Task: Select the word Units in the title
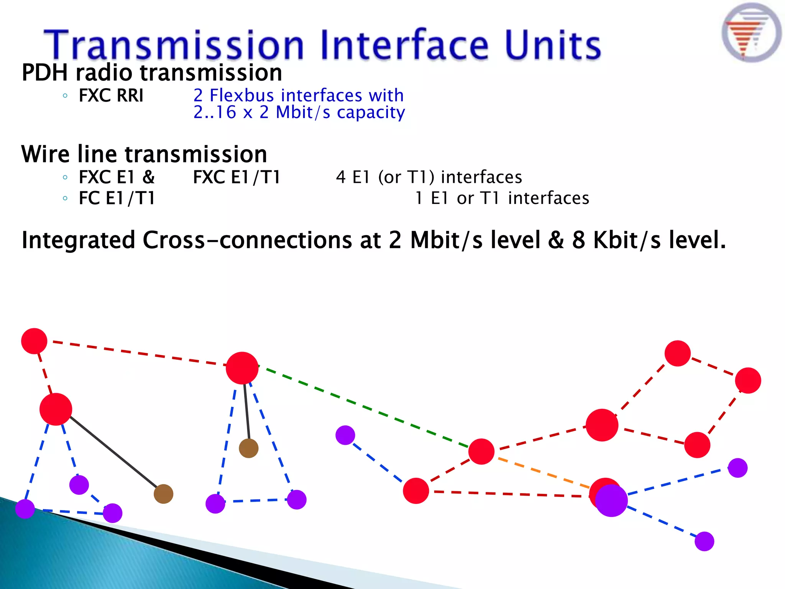(x=552, y=45)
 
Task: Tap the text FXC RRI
(x=111, y=95)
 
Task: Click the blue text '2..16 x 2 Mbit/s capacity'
(x=299, y=112)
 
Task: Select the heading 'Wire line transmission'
(x=144, y=154)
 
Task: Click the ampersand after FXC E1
(x=148, y=177)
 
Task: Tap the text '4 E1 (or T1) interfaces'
(x=429, y=177)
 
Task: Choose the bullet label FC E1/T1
(x=117, y=198)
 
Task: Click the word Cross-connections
(x=248, y=240)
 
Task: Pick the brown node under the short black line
(x=248, y=448)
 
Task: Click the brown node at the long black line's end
(x=163, y=494)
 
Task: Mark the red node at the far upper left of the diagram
(x=34, y=341)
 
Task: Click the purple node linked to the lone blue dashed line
(x=345, y=435)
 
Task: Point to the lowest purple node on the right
(x=704, y=541)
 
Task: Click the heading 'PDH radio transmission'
(x=152, y=73)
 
